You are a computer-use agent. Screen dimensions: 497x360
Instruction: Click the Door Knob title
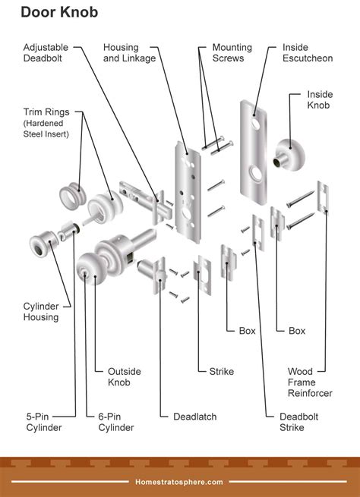pos(58,13)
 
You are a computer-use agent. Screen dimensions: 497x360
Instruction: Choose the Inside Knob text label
pos(319,99)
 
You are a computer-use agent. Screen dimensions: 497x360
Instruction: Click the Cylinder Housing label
pos(40,311)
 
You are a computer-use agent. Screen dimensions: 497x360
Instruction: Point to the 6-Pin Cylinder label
pos(116,421)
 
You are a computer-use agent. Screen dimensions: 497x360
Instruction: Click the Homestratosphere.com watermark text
pos(179,481)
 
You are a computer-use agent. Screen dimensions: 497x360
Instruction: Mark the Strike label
pos(221,371)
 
